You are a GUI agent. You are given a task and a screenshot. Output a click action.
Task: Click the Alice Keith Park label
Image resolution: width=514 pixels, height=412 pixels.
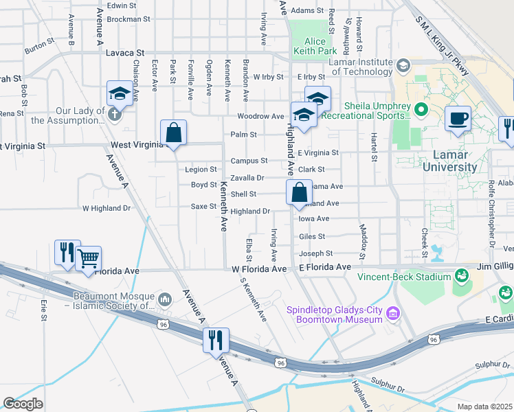tap(315, 46)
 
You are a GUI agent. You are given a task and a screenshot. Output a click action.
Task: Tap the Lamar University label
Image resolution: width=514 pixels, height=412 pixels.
tap(449, 161)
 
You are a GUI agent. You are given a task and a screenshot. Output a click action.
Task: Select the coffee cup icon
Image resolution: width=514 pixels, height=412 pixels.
tap(458, 117)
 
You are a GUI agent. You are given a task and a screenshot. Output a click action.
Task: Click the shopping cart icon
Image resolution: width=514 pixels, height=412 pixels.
tap(87, 259)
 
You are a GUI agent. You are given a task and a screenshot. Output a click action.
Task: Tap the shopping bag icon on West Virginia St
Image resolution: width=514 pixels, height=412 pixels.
tap(174, 133)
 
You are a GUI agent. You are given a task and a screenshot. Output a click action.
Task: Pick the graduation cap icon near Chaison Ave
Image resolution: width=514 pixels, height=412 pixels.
tap(120, 93)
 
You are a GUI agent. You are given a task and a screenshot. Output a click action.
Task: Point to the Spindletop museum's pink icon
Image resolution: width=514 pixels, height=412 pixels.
tap(393, 314)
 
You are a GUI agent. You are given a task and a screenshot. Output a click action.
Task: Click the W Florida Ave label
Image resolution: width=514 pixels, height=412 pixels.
tap(258, 269)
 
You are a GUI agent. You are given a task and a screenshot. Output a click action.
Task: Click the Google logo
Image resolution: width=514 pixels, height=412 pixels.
tap(23, 403)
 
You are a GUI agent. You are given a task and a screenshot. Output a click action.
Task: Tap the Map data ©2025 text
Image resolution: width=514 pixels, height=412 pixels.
tap(484, 407)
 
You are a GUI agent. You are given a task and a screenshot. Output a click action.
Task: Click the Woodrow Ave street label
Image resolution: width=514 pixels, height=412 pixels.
tap(260, 117)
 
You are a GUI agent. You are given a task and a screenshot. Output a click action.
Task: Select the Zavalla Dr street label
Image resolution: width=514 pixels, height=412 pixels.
tap(247, 177)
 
